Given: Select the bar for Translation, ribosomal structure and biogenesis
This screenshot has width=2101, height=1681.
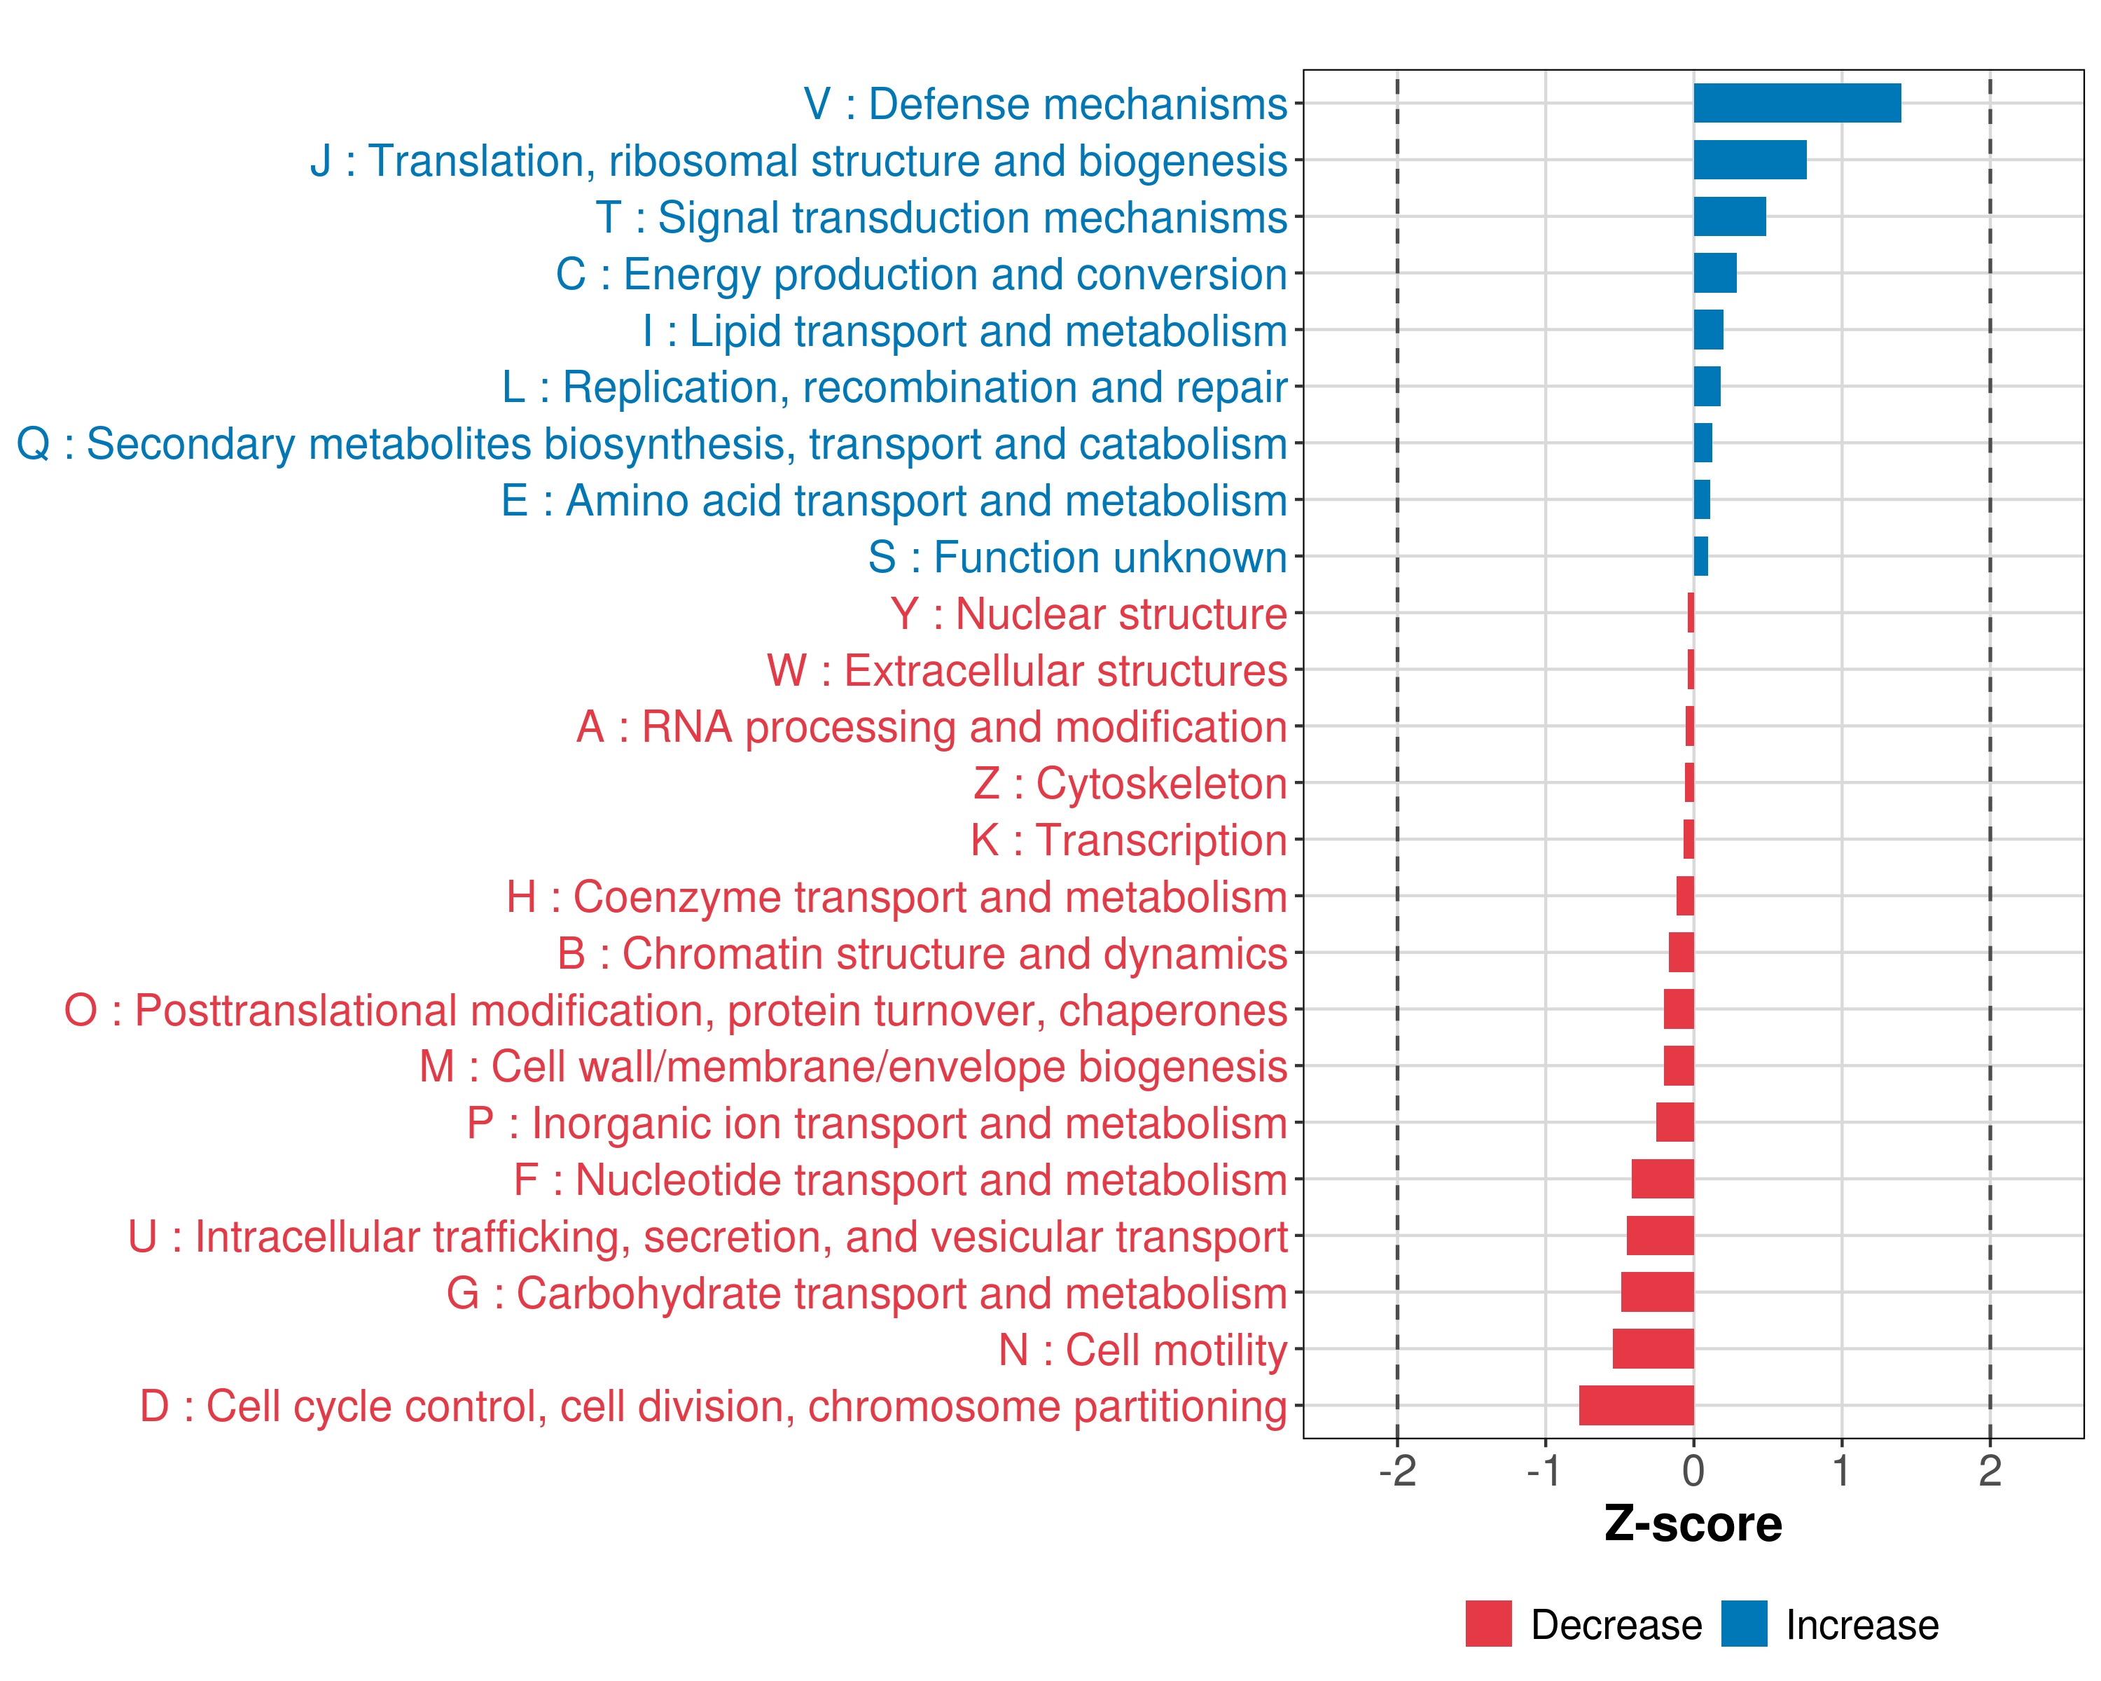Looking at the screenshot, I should click(1749, 160).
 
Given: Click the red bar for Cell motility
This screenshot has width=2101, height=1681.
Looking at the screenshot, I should click(1653, 1349).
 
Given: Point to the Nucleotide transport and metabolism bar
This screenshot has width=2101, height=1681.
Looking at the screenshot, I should click(1663, 1179).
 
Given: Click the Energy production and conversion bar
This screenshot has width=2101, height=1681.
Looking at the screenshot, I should click(1714, 273).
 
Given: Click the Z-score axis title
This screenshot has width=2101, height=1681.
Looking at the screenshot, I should click(1693, 1524).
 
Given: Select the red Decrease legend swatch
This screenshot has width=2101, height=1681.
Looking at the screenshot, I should click(1488, 1624).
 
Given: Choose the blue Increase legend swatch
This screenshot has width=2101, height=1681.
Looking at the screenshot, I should click(1743, 1624).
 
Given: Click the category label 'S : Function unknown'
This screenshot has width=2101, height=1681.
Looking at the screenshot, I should click(1077, 558).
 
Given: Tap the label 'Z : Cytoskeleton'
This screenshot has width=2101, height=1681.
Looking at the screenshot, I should click(1130, 784).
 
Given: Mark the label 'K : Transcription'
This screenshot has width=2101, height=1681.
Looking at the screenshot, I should click(1128, 840).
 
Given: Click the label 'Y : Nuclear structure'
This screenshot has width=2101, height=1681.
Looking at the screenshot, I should click(1088, 614).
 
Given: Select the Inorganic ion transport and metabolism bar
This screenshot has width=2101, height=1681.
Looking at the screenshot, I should click(1674, 1123).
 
